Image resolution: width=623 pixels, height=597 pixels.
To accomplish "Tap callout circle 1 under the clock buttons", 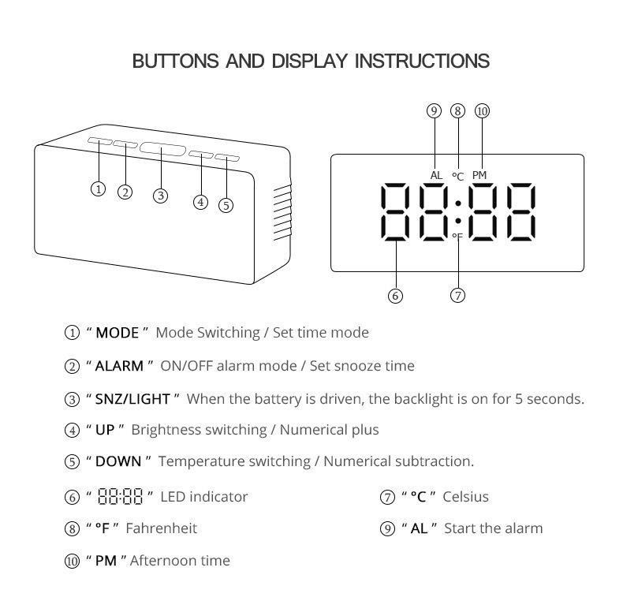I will pos(98,188).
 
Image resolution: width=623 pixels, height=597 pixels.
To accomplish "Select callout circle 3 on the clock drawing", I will pos(160,196).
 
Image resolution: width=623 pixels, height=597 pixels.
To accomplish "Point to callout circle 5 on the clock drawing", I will pos(226,205).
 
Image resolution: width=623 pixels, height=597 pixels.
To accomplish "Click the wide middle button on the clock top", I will pos(162,148).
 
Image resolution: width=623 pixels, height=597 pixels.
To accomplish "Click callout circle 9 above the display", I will pos(434,111).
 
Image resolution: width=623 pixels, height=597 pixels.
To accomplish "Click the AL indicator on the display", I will pos(436,175).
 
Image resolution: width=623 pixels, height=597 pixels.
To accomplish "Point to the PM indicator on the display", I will pos(479,175).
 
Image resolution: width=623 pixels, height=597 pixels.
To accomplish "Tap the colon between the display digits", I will pos(457,213).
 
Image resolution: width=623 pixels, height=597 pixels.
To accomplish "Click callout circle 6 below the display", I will pos(395,296).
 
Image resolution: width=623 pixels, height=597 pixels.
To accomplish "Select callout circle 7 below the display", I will pos(457,296).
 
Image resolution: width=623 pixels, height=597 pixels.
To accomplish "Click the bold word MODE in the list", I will pos(118,333).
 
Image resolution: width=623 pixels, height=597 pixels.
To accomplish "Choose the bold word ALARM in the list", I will pos(119,366).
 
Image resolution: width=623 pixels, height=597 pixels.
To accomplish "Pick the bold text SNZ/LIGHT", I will pos(132,399).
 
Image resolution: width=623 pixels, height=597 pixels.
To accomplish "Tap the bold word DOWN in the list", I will pos(118,461).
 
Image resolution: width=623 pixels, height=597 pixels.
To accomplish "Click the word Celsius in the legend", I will pos(465,497).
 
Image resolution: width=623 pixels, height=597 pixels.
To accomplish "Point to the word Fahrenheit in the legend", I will pos(161,528).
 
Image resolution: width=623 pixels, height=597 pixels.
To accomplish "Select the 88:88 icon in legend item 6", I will pos(120,497).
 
